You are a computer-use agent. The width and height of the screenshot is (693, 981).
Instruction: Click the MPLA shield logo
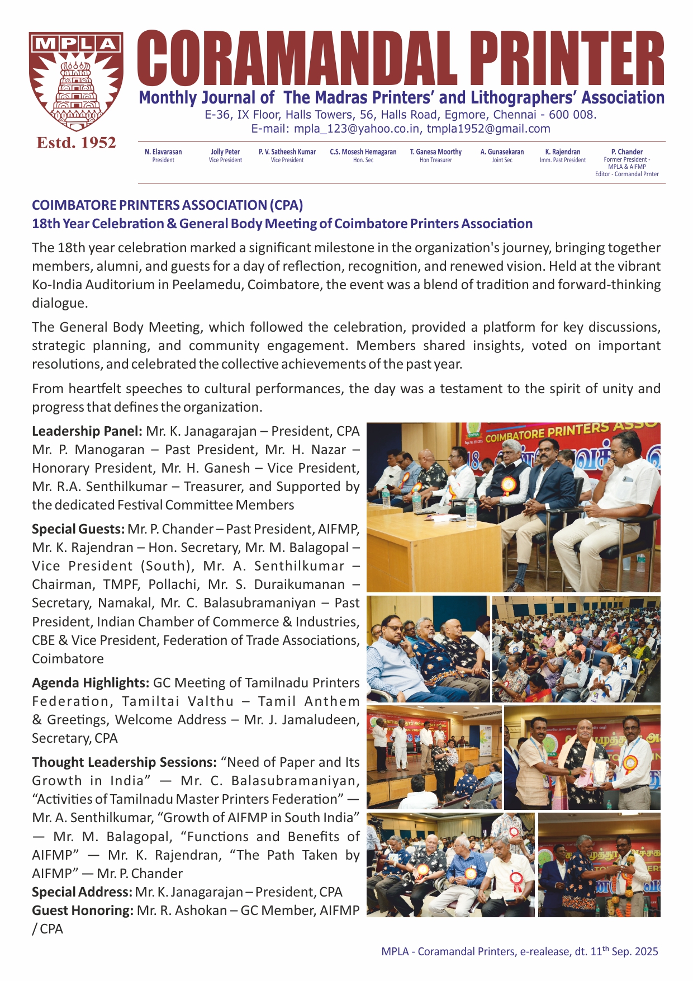pyautogui.click(x=76, y=82)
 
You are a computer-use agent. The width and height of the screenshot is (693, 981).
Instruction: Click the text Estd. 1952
pyautogui.click(x=76, y=143)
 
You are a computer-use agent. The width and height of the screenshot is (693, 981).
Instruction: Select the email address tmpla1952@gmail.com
pyautogui.click(x=488, y=129)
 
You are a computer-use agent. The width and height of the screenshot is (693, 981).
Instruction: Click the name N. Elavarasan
pyautogui.click(x=163, y=152)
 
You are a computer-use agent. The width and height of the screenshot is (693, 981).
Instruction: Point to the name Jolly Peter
pyautogui.click(x=225, y=152)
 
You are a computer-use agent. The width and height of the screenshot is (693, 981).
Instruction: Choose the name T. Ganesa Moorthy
pyautogui.click(x=436, y=152)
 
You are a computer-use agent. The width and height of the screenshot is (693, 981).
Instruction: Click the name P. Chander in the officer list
pyautogui.click(x=626, y=152)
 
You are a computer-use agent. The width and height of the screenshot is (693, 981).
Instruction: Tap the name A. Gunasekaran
pyautogui.click(x=502, y=152)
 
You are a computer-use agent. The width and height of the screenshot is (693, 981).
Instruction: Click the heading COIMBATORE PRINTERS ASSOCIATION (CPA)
pyautogui.click(x=167, y=205)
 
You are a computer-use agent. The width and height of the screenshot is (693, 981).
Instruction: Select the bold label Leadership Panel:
pyautogui.click(x=87, y=431)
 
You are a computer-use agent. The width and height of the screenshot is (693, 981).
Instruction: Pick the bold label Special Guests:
pyautogui.click(x=78, y=529)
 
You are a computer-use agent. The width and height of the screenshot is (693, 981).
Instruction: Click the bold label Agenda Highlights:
pyautogui.click(x=91, y=683)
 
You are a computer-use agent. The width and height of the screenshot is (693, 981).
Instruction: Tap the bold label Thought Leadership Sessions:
pyautogui.click(x=124, y=762)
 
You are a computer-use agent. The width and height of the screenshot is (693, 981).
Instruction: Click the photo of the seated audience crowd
pyautogui.click(x=576, y=649)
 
